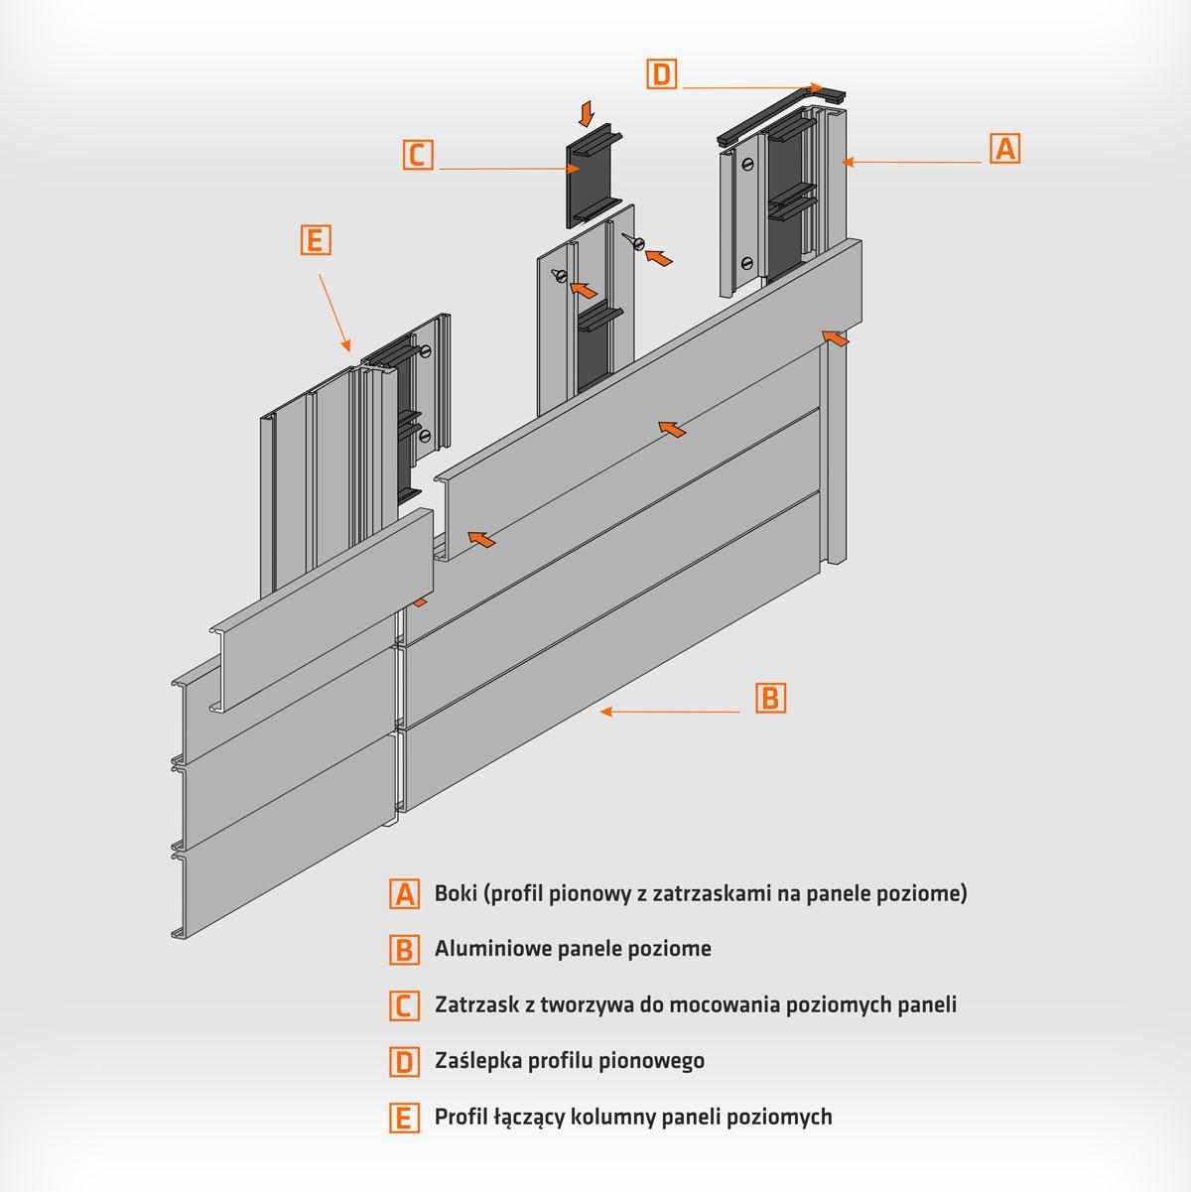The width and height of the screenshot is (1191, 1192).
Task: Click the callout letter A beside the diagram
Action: (x=1004, y=149)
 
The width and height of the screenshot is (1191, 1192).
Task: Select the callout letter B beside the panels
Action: (x=771, y=698)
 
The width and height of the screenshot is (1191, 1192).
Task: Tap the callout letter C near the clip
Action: (x=418, y=154)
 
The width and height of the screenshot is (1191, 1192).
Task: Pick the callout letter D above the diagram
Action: (x=661, y=74)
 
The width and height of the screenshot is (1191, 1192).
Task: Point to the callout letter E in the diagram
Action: (x=316, y=240)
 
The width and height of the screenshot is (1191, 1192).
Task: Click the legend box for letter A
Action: (x=405, y=894)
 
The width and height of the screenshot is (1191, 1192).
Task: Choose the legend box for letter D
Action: (x=405, y=1061)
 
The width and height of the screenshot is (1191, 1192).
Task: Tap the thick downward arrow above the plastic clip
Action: (x=586, y=114)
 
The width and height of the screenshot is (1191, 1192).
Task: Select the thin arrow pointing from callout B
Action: (x=670, y=712)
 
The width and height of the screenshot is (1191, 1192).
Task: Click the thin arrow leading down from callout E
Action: (x=334, y=314)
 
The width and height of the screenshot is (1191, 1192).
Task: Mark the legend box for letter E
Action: (x=405, y=1118)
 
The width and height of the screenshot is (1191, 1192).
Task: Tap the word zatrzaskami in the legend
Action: (x=708, y=893)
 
